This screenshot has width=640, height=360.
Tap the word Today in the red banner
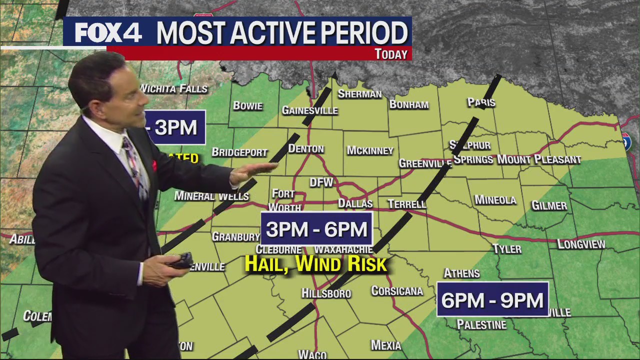click(x=391, y=54)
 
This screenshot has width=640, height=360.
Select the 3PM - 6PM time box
click(x=316, y=229)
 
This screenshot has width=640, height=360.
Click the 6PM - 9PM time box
click(x=492, y=299)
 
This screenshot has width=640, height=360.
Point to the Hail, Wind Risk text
click(x=316, y=264)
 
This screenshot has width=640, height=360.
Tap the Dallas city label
click(x=355, y=203)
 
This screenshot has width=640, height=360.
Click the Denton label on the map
click(x=306, y=149)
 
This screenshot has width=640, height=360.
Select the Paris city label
click(x=481, y=102)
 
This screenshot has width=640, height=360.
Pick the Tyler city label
click(x=507, y=249)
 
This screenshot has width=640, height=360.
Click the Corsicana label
click(x=397, y=291)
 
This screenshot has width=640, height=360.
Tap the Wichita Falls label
click(x=174, y=89)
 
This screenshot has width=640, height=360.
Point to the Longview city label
click(x=581, y=244)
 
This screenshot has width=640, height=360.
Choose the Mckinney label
click(x=370, y=150)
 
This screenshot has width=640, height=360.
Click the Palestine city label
click(x=481, y=325)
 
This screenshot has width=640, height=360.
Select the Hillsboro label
click(x=326, y=293)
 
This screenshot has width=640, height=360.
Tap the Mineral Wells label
click(x=211, y=196)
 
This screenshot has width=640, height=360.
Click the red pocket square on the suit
click(x=154, y=165)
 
